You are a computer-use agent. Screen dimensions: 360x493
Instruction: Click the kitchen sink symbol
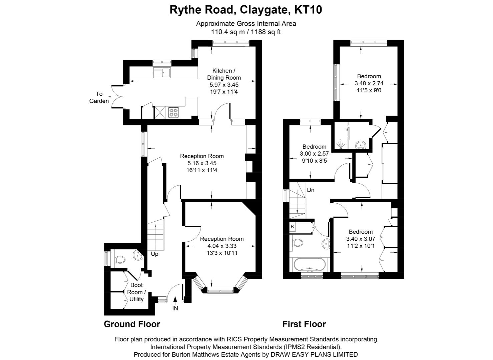[162, 73]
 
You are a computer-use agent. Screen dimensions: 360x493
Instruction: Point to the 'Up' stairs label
[154, 254]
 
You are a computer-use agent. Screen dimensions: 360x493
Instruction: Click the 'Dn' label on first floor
[311, 190]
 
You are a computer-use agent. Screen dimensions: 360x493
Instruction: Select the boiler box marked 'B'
[293, 227]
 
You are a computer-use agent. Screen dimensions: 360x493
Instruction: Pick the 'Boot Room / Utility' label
[136, 292]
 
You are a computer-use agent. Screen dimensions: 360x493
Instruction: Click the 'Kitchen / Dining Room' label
[226, 74]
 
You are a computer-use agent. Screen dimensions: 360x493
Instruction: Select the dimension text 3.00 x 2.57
[314, 154]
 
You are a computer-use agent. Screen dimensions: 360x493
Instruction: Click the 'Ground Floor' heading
[132, 324]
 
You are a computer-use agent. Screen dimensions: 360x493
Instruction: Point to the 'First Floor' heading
[304, 324]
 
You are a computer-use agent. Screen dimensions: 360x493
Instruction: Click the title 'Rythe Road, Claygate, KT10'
[246, 10]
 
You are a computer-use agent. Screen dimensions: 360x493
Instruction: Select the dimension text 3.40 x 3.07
[361, 239]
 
